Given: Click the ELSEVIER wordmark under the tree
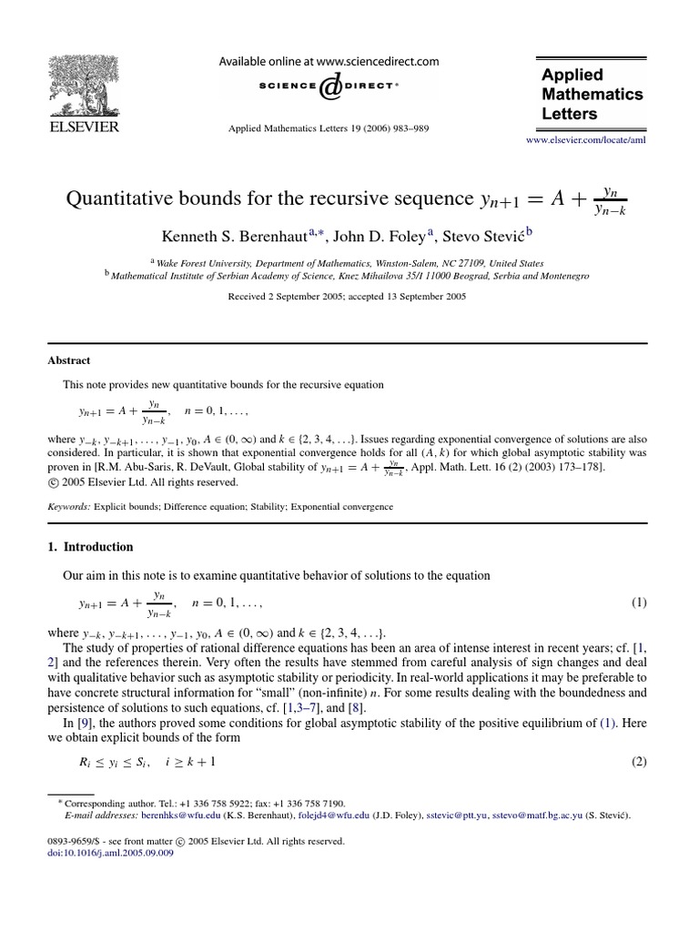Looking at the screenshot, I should click(x=83, y=127).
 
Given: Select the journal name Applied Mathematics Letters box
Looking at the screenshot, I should click(x=592, y=95).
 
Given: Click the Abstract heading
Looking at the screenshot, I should click(x=69, y=360).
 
